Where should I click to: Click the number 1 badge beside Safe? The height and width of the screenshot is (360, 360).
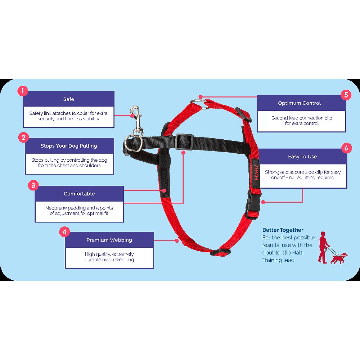click(23, 91)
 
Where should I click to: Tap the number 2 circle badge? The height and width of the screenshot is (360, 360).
click(23, 138)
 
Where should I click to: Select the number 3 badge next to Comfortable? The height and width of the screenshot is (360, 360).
click(33, 185)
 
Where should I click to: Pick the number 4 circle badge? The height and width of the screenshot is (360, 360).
click(64, 232)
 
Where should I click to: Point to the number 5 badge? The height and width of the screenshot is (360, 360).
click(346, 95)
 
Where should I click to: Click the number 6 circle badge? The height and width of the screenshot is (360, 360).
click(346, 148)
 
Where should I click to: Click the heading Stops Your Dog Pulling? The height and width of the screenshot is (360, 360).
click(69, 146)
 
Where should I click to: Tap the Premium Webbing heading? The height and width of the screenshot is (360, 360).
click(109, 240)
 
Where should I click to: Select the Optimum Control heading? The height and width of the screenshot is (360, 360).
click(300, 103)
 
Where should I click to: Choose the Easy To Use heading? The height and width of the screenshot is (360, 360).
click(303, 157)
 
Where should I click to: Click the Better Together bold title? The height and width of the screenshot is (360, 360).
click(283, 230)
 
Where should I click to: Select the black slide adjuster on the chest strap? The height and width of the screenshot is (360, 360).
click(184, 141)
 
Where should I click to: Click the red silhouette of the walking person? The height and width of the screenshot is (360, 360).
click(324, 248)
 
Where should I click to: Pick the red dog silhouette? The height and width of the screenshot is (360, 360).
click(339, 258)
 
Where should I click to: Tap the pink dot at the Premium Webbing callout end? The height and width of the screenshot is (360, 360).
click(176, 240)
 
